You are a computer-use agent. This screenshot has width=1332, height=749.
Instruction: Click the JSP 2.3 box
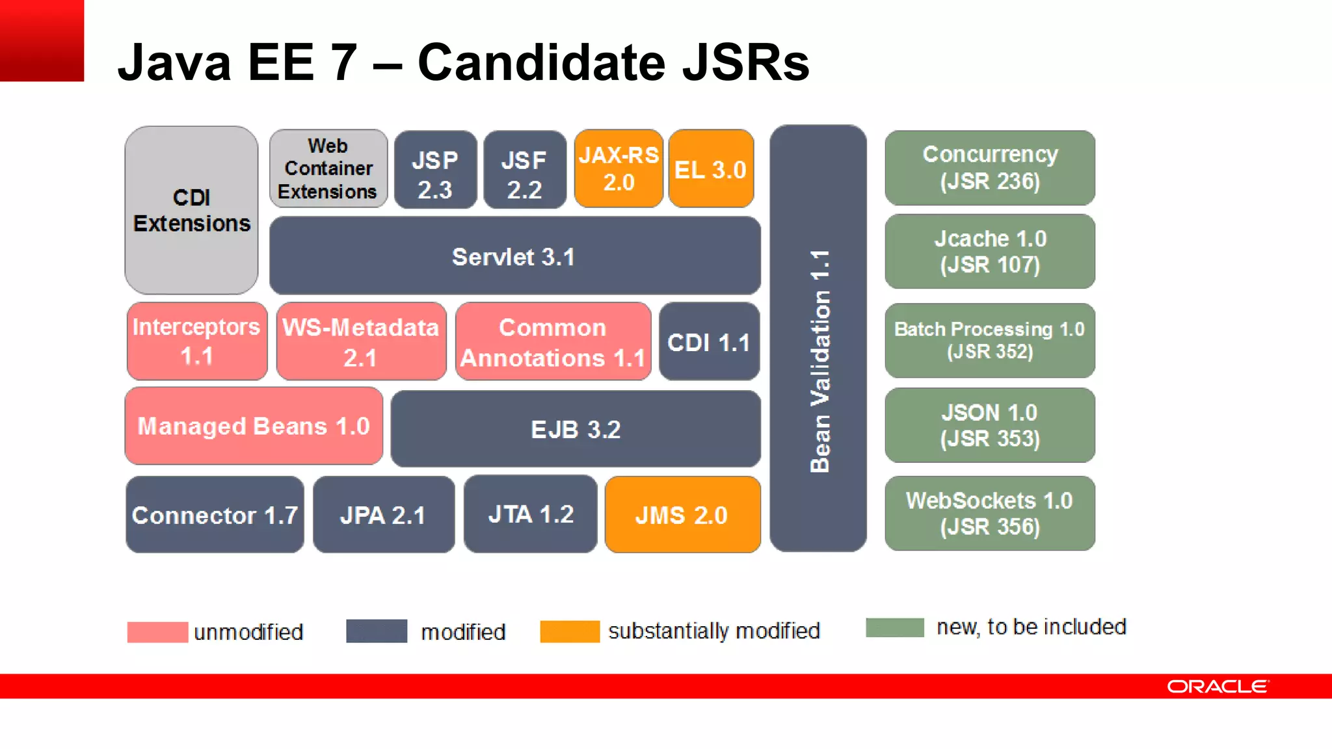pyautogui.click(x=435, y=170)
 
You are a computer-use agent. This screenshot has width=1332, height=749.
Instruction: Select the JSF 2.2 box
pyautogui.click(x=524, y=170)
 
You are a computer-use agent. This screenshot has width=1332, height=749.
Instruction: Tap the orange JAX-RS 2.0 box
pyautogui.click(x=619, y=168)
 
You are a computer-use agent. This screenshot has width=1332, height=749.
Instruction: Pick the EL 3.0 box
pyautogui.click(x=711, y=168)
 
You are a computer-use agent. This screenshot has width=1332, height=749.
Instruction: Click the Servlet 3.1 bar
pyautogui.click(x=514, y=256)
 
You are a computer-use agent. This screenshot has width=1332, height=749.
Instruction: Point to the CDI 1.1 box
pyautogui.click(x=709, y=341)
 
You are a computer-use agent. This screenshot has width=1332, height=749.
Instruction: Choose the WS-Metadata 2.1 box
pyautogui.click(x=361, y=341)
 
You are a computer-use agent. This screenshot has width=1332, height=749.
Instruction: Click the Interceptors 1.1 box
pyautogui.click(x=197, y=341)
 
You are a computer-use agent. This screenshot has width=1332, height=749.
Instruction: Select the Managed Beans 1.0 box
pyautogui.click(x=254, y=426)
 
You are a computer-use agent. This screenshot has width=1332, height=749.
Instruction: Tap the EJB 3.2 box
pyautogui.click(x=576, y=428)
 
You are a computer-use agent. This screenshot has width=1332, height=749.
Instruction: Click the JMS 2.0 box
pyautogui.click(x=682, y=514)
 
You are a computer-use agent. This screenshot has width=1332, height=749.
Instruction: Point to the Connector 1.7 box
pyautogui.click(x=215, y=514)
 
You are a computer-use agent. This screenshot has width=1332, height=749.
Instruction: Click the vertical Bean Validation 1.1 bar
pyautogui.click(x=818, y=338)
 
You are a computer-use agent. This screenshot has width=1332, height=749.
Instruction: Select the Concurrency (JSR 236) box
pyautogui.click(x=990, y=168)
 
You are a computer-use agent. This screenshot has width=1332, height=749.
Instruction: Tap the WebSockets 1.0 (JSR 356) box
pyautogui.click(x=990, y=513)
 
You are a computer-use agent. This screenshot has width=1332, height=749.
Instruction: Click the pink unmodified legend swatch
pyautogui.click(x=157, y=632)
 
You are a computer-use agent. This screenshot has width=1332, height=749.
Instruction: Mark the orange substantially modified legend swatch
pyautogui.click(x=570, y=631)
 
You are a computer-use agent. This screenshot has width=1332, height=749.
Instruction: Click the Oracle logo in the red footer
pyautogui.click(x=1217, y=687)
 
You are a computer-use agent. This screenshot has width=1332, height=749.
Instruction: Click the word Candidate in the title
pyautogui.click(x=541, y=62)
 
